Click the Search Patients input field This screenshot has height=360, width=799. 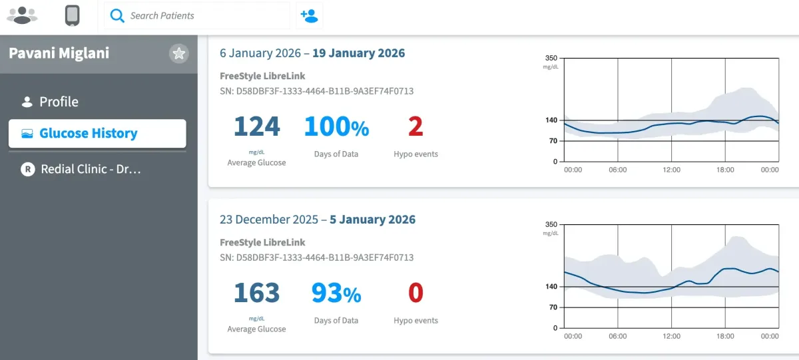pyautogui.click(x=200, y=15)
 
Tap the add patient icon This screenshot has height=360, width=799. pyautogui.click(x=309, y=15)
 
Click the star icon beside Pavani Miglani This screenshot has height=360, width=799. pyautogui.click(x=178, y=54)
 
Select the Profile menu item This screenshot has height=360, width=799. pyautogui.click(x=59, y=102)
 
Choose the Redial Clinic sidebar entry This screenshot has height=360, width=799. pyautogui.click(x=91, y=169)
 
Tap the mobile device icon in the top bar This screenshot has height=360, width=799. pyautogui.click(x=73, y=15)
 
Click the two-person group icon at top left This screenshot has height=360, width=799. pyautogui.click(x=22, y=15)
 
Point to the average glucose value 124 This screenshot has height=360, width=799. pyautogui.click(x=256, y=126)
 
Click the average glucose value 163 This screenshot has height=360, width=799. pyautogui.click(x=256, y=293)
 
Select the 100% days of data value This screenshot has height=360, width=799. pyautogui.click(x=336, y=126)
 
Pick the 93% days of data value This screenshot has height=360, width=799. pyautogui.click(x=336, y=293)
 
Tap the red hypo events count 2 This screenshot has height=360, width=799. pyautogui.click(x=415, y=126)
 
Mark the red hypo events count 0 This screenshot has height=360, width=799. pyautogui.click(x=415, y=293)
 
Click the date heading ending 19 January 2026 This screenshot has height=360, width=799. pyautogui.click(x=312, y=53)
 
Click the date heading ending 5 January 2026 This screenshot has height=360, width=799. pyautogui.click(x=318, y=220)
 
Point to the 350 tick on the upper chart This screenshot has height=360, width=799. pyautogui.click(x=551, y=59)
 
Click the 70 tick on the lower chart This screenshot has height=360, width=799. pyautogui.click(x=553, y=307)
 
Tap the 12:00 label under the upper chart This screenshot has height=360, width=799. pyautogui.click(x=671, y=170)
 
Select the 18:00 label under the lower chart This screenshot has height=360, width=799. pyautogui.click(x=724, y=336)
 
